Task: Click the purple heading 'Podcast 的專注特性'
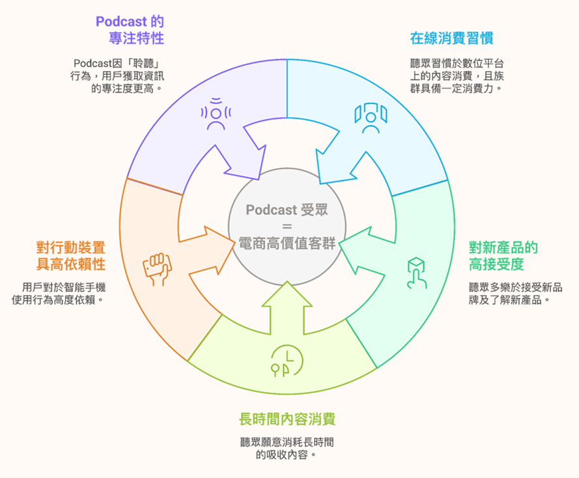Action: tap(130, 29)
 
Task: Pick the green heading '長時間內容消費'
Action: tap(288, 418)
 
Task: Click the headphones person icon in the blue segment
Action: tap(371, 118)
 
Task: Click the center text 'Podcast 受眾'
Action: tap(287, 210)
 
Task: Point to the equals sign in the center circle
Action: tap(287, 227)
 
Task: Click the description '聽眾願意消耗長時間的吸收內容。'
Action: tap(287, 448)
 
